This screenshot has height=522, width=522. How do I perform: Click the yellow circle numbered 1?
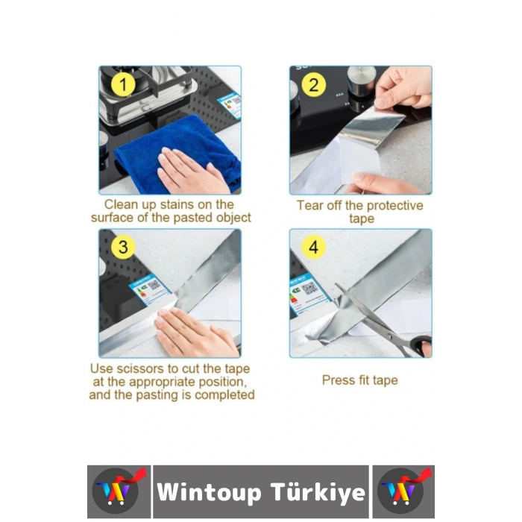(123, 85)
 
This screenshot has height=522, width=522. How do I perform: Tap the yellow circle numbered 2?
(314, 85)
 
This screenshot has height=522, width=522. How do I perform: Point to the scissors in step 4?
(380, 321)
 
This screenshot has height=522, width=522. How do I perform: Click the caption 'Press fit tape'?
(359, 380)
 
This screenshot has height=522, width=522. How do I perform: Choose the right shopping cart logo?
(403, 491)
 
